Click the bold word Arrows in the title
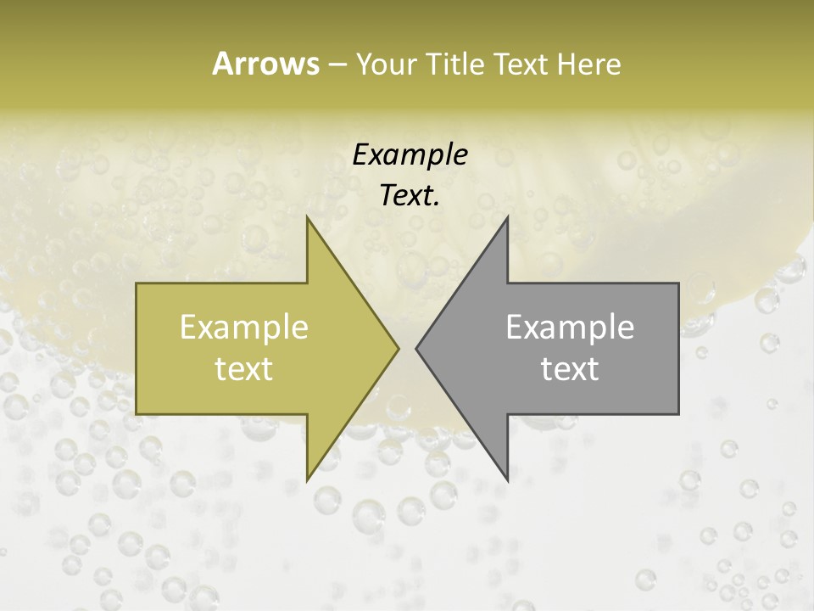tap(265, 64)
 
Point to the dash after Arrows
tap(337, 64)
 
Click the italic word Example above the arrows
tap(410, 154)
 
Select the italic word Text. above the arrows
tap(410, 196)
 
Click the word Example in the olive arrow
tap(244, 328)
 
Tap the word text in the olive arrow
tap(244, 368)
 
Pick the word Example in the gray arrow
tap(570, 328)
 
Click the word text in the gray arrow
tap(570, 368)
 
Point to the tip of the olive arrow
tap(397, 348)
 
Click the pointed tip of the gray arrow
tap(417, 348)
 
